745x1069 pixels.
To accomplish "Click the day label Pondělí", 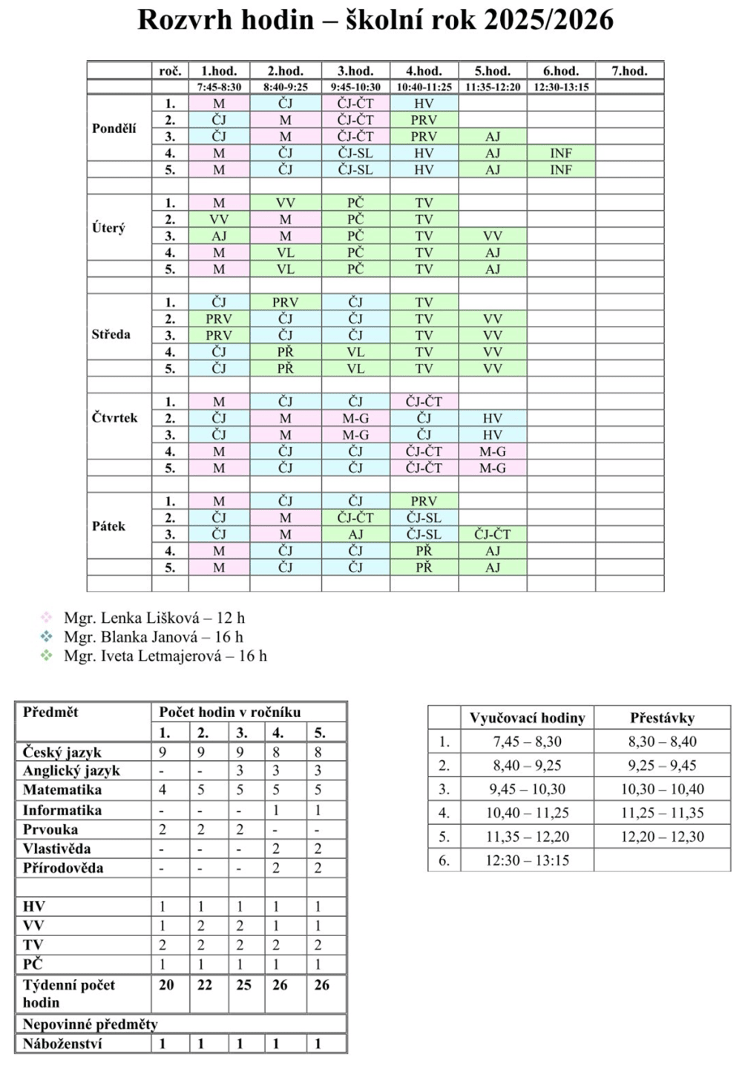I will click(x=114, y=128).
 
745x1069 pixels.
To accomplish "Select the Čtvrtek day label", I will click(x=115, y=418).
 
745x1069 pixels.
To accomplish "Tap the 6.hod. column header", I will click(x=561, y=71).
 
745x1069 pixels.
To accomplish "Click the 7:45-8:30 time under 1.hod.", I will click(x=219, y=87).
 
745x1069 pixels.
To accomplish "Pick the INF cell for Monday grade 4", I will click(x=561, y=153).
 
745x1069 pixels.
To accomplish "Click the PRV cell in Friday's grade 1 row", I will click(x=424, y=501).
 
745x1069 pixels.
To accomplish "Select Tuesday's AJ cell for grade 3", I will click(x=219, y=236).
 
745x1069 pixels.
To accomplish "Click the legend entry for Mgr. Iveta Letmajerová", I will click(x=165, y=656).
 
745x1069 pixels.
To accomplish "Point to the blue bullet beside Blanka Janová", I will click(x=47, y=637).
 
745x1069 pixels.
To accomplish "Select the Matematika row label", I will click(x=62, y=790).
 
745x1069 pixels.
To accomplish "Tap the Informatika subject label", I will click(x=62, y=810).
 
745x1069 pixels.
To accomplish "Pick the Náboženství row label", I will click(x=62, y=1043).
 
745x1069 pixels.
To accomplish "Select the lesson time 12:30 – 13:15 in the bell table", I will click(x=527, y=860).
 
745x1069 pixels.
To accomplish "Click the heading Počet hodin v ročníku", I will click(x=230, y=712).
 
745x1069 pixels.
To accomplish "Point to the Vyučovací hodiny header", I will click(x=527, y=718).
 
